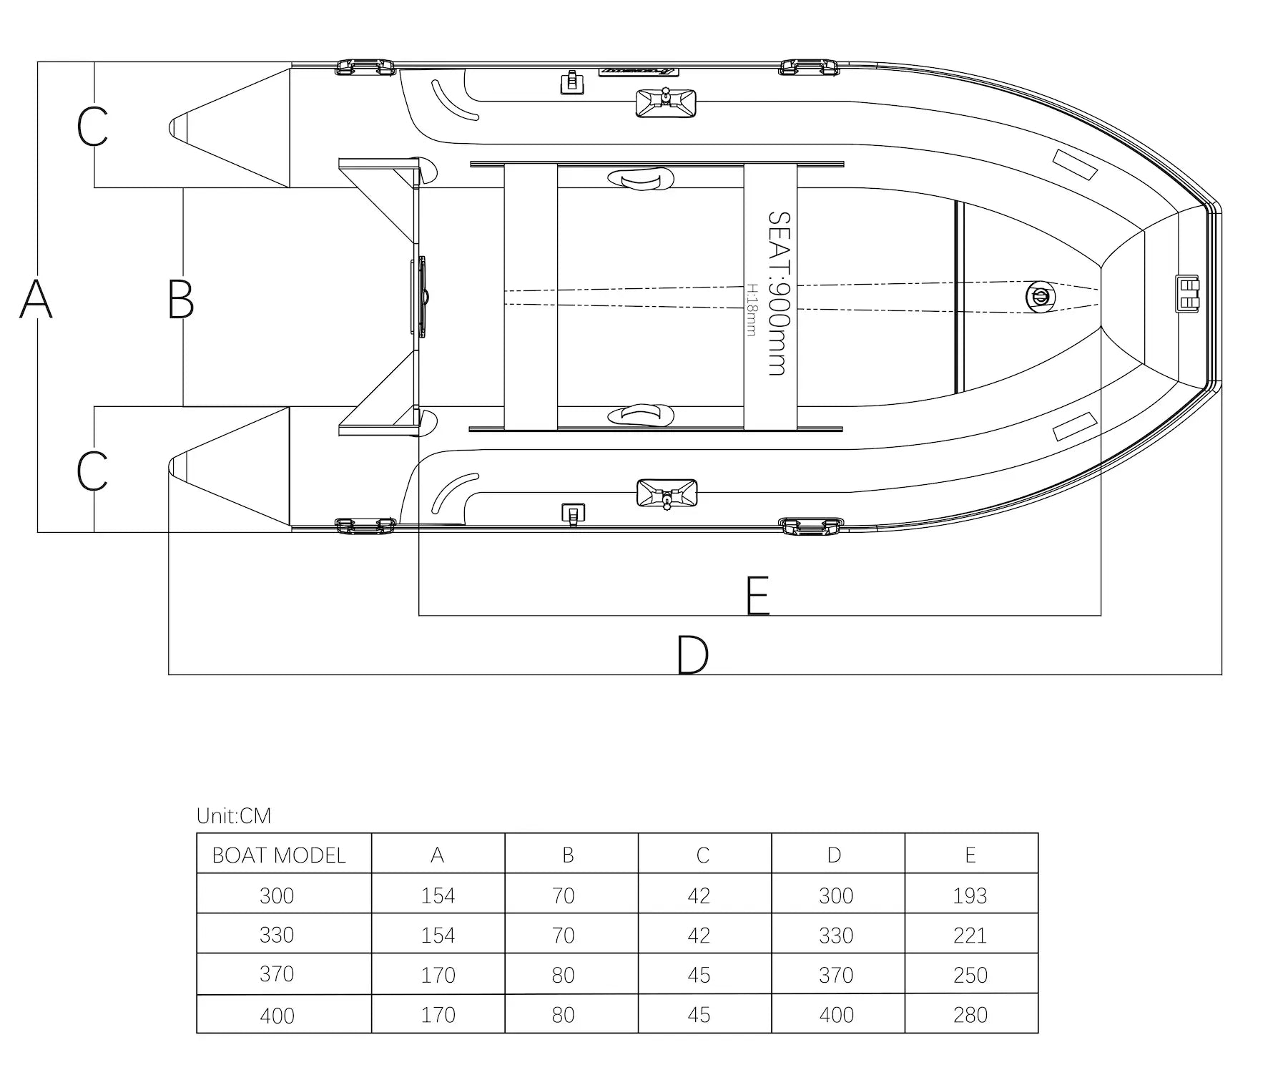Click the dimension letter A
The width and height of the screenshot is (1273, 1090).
click(36, 299)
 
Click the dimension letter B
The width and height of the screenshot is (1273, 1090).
click(180, 299)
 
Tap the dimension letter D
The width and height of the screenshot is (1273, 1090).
click(692, 654)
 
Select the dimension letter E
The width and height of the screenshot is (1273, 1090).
click(757, 595)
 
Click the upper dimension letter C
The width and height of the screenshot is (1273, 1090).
click(92, 127)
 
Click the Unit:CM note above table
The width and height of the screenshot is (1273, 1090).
click(234, 815)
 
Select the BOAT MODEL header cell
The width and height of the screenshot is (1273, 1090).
click(279, 855)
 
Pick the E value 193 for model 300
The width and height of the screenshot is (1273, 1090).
click(970, 895)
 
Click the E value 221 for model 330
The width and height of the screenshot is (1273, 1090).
click(970, 936)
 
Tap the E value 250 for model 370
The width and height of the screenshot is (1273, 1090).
click(970, 975)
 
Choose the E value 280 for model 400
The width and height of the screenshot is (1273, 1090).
click(970, 1015)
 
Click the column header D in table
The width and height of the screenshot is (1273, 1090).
click(834, 855)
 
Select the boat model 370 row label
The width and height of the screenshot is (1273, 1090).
click(277, 974)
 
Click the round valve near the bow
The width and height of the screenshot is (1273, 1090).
click(1039, 296)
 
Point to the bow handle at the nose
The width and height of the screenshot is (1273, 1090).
click(1187, 294)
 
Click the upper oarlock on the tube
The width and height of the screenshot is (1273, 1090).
click(666, 102)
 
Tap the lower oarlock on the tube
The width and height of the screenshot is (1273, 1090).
click(666, 494)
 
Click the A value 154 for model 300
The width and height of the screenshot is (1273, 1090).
click(438, 895)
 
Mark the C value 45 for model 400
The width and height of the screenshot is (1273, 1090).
click(699, 1015)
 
